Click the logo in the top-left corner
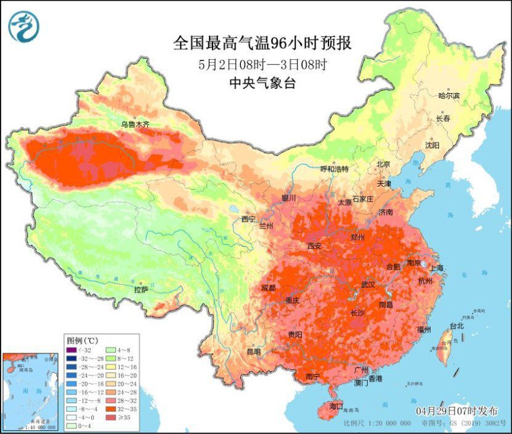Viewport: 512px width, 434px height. coord(24,27)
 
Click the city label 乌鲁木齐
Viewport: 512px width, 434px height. coord(135,124)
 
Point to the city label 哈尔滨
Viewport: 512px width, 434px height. coord(449,96)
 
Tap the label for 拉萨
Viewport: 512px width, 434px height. coord(141,289)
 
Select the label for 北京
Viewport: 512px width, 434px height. coord(383,164)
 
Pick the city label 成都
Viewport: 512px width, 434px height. coord(268,288)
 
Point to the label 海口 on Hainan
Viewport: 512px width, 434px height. coord(336,407)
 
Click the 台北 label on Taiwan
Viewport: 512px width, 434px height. coord(456,325)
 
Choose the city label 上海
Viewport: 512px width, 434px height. coord(437,268)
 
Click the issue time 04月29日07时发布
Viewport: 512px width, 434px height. coord(457,411)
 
